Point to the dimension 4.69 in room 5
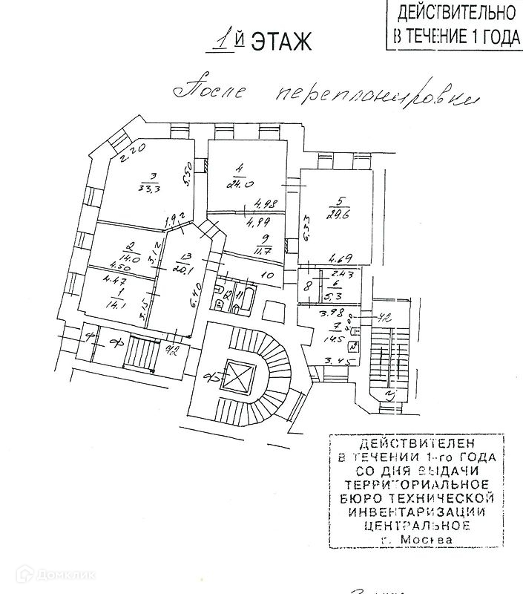335,258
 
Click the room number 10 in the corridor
269,275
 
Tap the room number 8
306,284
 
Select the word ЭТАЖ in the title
281,42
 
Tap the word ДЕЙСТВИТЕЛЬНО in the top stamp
456,13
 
